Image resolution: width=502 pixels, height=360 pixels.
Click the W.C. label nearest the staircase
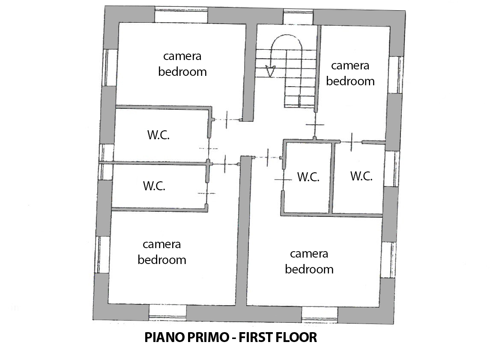pos(308,177)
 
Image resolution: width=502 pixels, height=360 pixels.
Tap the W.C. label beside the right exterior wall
pos(362,176)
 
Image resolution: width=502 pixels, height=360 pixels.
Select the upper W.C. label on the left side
pos(158,135)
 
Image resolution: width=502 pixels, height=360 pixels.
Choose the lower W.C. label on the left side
pos(154,186)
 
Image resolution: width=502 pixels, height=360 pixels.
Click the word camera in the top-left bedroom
pos(182,57)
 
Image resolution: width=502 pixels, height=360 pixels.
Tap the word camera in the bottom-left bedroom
pos(161,244)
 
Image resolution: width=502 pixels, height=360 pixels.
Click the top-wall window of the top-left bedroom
pos(182,15)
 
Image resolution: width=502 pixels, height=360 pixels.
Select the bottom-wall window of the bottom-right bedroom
pos(320,315)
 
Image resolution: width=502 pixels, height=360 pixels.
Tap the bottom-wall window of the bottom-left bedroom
pos(168,312)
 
